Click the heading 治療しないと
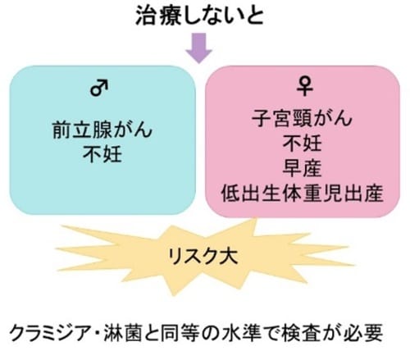pyautogui.click(x=200, y=16)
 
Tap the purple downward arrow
pyautogui.click(x=198, y=48)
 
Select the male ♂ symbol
pyautogui.click(x=99, y=88)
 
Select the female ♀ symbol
pyautogui.click(x=304, y=86)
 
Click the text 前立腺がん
pyautogui.click(x=102, y=130)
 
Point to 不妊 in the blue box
pyautogui.click(x=102, y=154)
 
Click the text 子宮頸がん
pyautogui.click(x=302, y=118)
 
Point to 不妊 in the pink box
pyautogui.click(x=302, y=143)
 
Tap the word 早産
pyautogui.click(x=302, y=168)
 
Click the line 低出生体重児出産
pyautogui.click(x=302, y=193)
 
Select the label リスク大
pyautogui.click(x=203, y=256)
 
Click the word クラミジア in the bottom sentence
pyautogui.click(x=52, y=332)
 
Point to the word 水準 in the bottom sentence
pyautogui.click(x=241, y=332)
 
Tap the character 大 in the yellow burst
pyautogui.click(x=229, y=256)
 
